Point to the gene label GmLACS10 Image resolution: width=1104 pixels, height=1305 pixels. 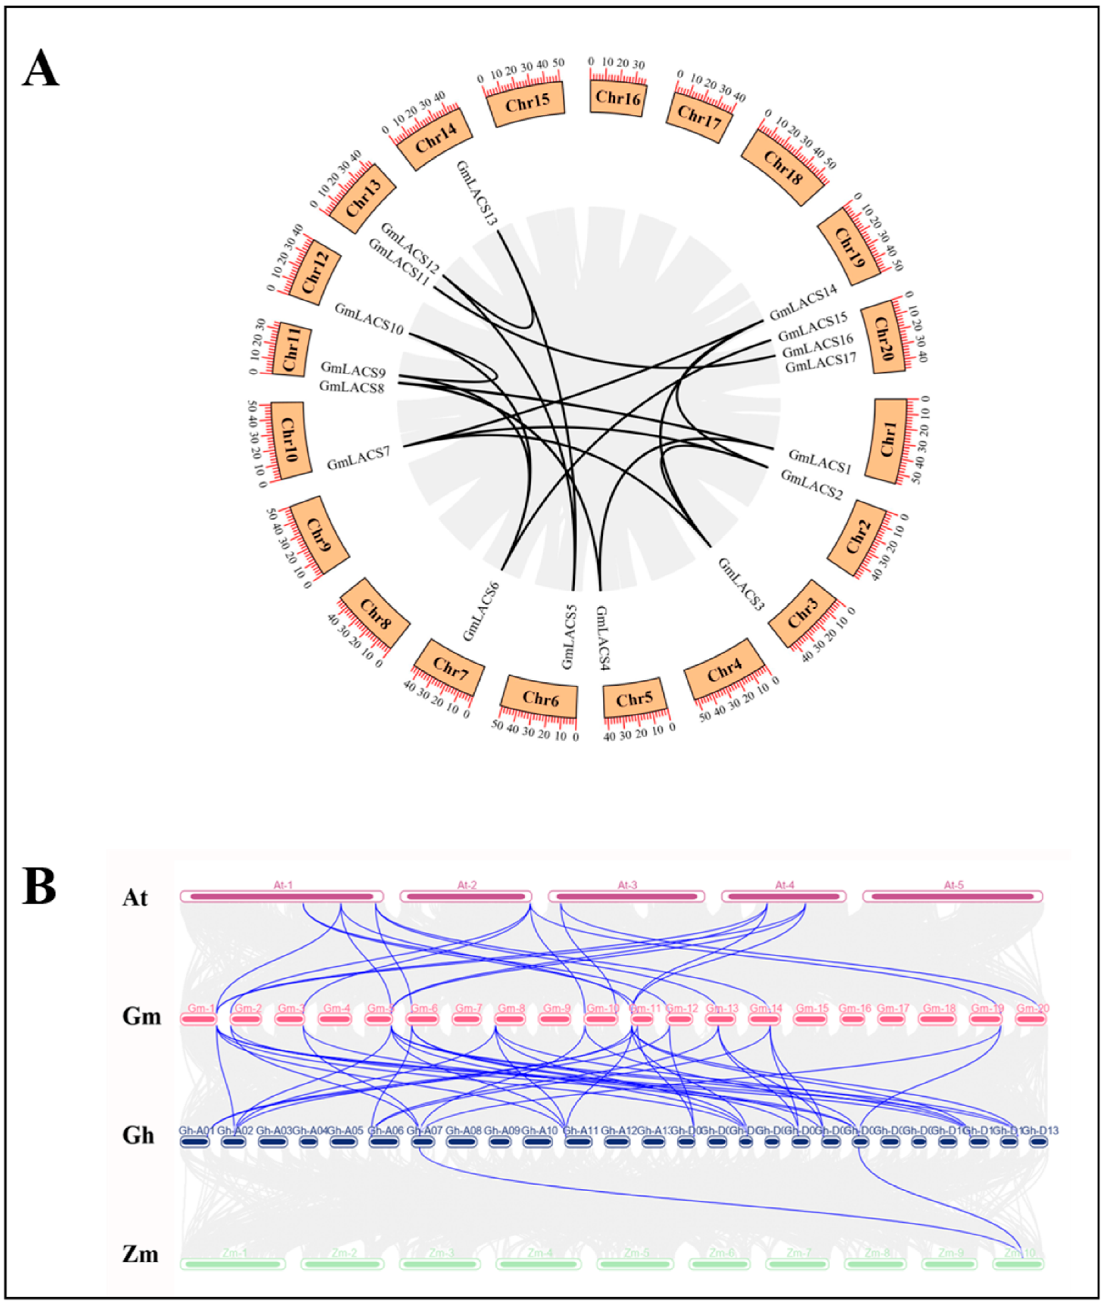(369, 318)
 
